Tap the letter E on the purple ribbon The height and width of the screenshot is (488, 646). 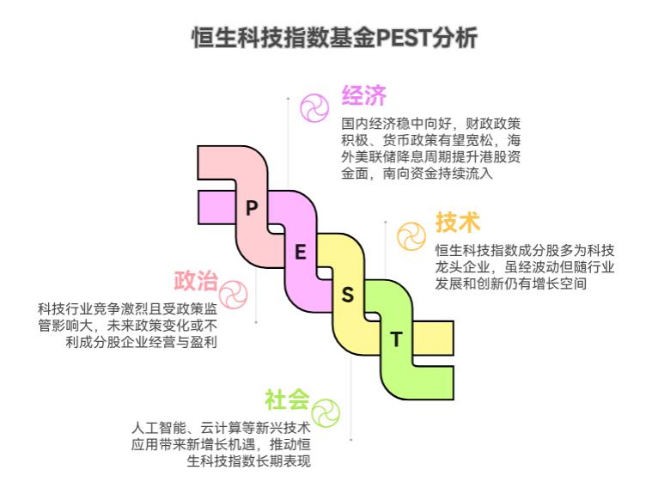coord(301,252)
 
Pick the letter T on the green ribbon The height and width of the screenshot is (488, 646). coord(396,339)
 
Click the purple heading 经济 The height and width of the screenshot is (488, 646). coord(364,95)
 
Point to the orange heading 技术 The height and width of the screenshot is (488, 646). coord(457,222)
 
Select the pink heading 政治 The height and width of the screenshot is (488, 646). coord(196,281)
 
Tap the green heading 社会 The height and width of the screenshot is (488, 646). coord(286,400)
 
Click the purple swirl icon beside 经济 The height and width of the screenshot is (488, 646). coord(314,108)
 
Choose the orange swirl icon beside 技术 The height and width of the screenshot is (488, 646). coord(411,235)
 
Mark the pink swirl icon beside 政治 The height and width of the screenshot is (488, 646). coord(233,294)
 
